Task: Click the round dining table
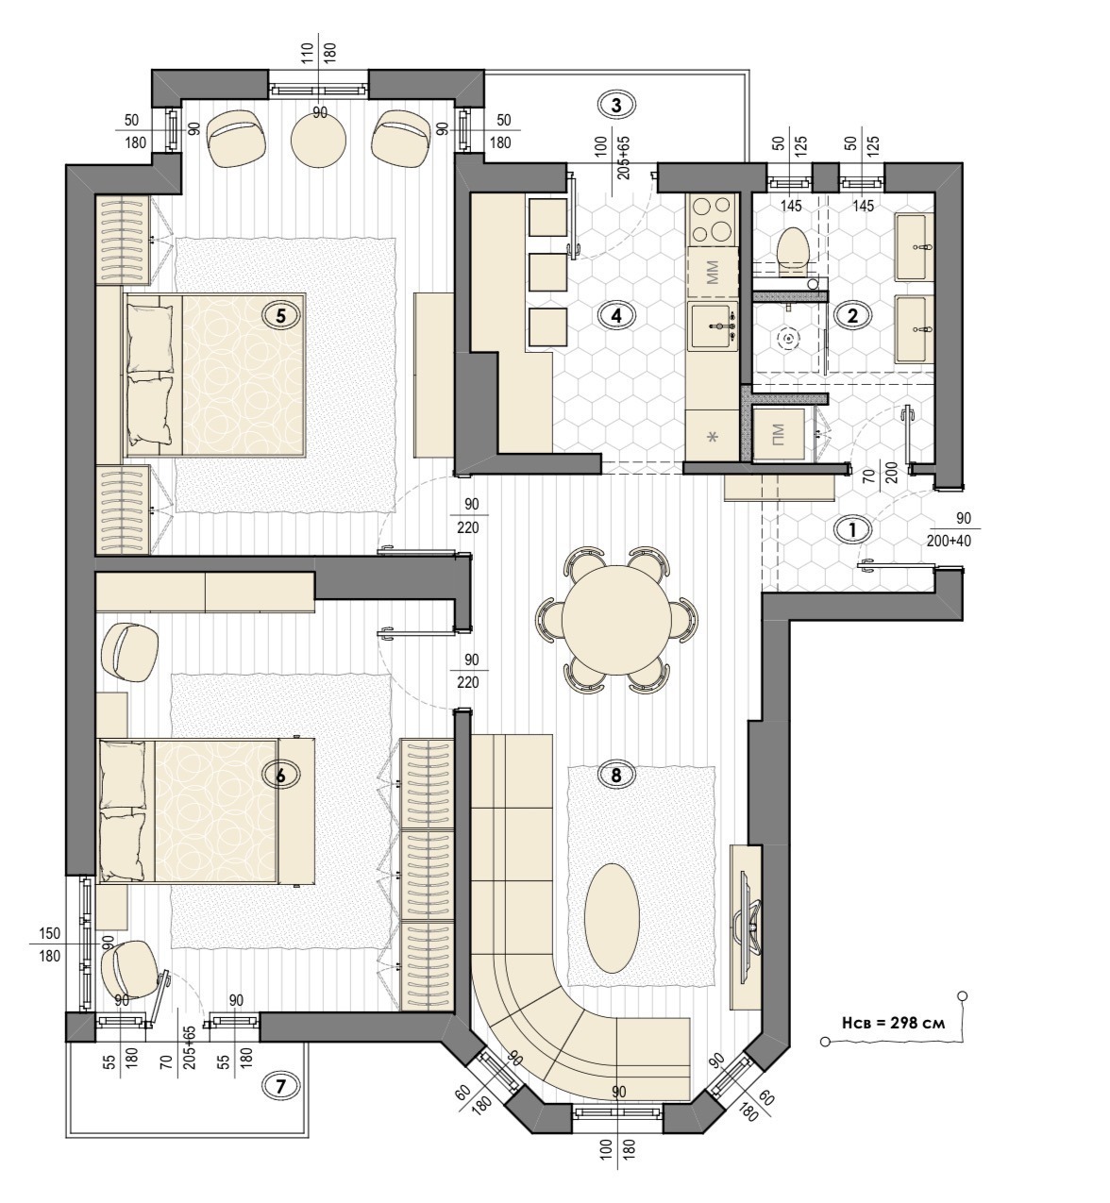pyautogui.click(x=616, y=619)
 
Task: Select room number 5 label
pyautogui.click(x=280, y=315)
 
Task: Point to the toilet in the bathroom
pyautogui.click(x=792, y=248)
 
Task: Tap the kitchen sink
pyautogui.click(x=715, y=326)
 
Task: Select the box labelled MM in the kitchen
pyautogui.click(x=713, y=272)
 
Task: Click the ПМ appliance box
pyautogui.click(x=779, y=435)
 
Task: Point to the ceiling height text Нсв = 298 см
pyautogui.click(x=893, y=1023)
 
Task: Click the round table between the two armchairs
pyautogui.click(x=319, y=139)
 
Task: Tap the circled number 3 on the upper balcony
pyautogui.click(x=616, y=106)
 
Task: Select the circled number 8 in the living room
pyautogui.click(x=616, y=775)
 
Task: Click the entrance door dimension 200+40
pyautogui.click(x=950, y=541)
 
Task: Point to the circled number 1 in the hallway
pyautogui.click(x=853, y=529)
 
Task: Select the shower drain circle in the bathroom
pyautogui.click(x=789, y=339)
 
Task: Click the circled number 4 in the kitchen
pyautogui.click(x=616, y=315)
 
